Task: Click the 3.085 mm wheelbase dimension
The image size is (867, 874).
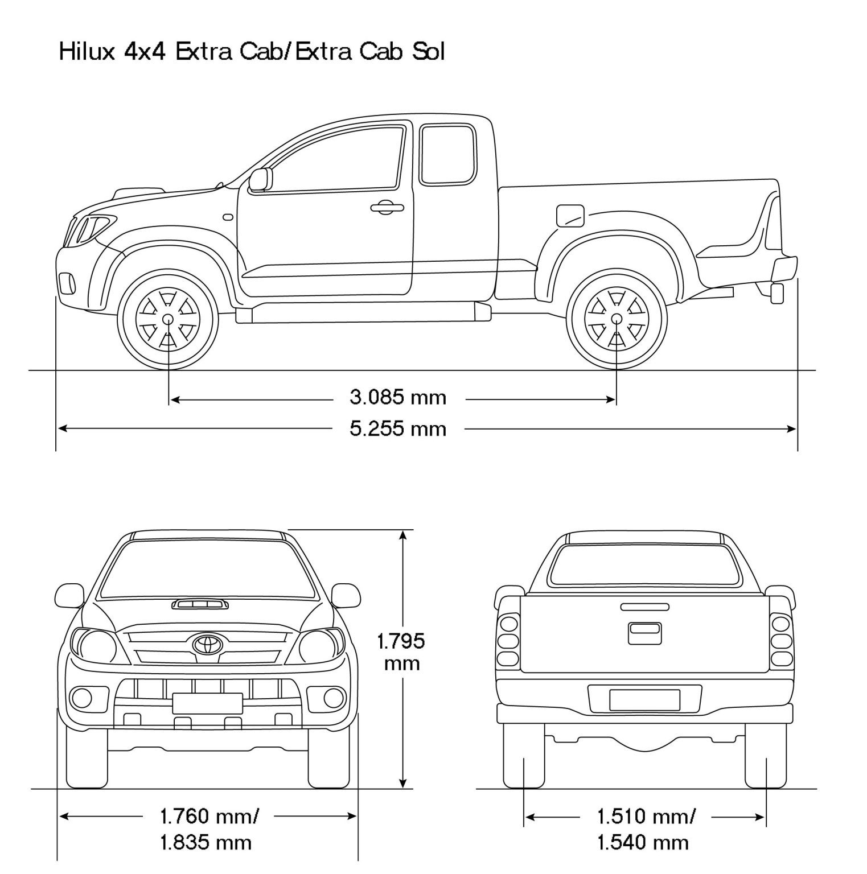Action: pos(398,397)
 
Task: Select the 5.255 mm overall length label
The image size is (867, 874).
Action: pos(398,428)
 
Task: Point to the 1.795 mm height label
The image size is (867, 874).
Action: pos(401,652)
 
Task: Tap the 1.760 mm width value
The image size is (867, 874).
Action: pos(209,817)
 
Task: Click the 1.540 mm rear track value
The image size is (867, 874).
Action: pos(643,842)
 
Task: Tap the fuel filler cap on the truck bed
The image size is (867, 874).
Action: pos(569,215)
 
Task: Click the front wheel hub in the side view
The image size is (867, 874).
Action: pos(169,319)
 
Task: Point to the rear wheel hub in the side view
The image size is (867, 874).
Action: pos(617,319)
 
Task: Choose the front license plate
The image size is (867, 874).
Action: pos(207,703)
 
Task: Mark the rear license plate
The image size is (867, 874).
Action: pos(644,700)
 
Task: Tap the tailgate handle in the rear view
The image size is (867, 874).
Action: pos(645,633)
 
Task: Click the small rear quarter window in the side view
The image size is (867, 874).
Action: pos(447,155)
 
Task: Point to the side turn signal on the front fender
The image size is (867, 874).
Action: pos(228,217)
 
